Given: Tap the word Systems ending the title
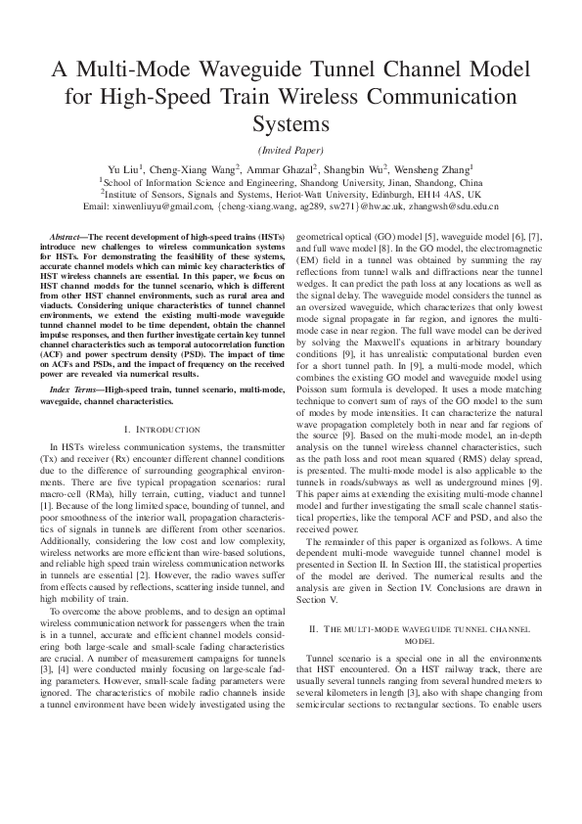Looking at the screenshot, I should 291,123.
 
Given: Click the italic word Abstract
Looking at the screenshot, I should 67,238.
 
